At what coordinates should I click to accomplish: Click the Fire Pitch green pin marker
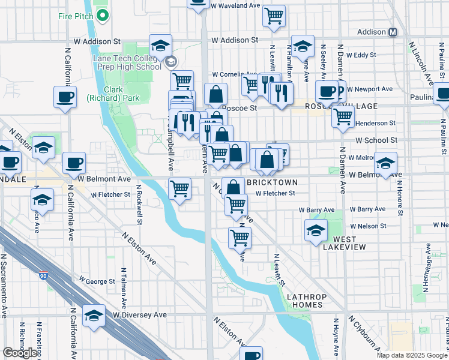102,15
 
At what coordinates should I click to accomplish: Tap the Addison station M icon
394,32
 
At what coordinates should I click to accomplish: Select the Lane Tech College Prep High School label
127,62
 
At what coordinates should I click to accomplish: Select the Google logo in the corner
20,352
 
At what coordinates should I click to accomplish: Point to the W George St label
98,281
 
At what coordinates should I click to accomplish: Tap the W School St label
376,140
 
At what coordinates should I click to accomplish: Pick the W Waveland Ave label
235,5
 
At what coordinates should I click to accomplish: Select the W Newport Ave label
370,89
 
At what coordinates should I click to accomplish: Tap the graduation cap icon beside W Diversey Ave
94,316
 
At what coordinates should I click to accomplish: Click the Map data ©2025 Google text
412,355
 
